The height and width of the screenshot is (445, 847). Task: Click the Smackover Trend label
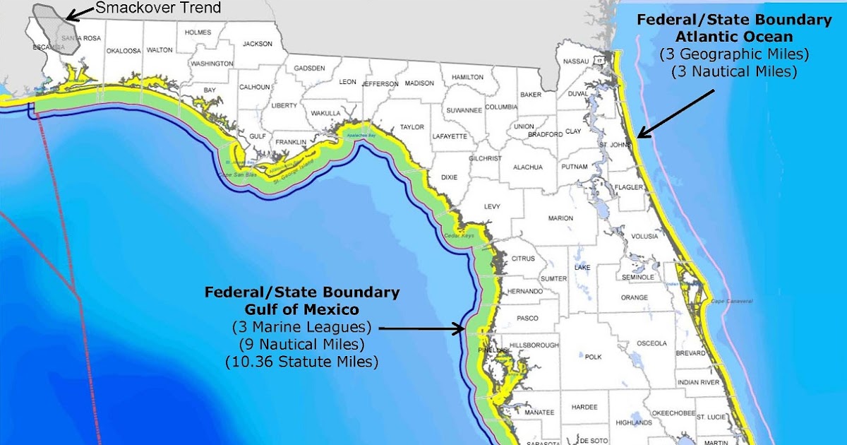click(x=158, y=8)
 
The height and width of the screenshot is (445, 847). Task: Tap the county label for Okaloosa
click(x=124, y=50)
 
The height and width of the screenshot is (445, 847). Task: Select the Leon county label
click(x=347, y=82)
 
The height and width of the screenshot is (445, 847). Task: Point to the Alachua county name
click(x=528, y=167)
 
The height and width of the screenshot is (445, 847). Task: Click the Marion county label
click(x=561, y=218)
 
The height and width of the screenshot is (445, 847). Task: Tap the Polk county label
click(x=593, y=357)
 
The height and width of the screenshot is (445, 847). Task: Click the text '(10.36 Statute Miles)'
click(x=301, y=362)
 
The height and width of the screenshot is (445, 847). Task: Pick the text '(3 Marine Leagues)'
click(x=301, y=327)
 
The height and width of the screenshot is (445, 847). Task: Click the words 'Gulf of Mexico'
click(x=301, y=309)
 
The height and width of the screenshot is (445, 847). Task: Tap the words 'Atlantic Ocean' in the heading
click(x=734, y=36)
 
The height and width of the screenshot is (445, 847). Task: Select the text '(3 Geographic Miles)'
click(x=734, y=54)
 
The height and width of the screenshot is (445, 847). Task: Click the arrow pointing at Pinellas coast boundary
click(x=423, y=328)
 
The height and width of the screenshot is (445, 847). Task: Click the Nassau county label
click(x=576, y=61)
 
